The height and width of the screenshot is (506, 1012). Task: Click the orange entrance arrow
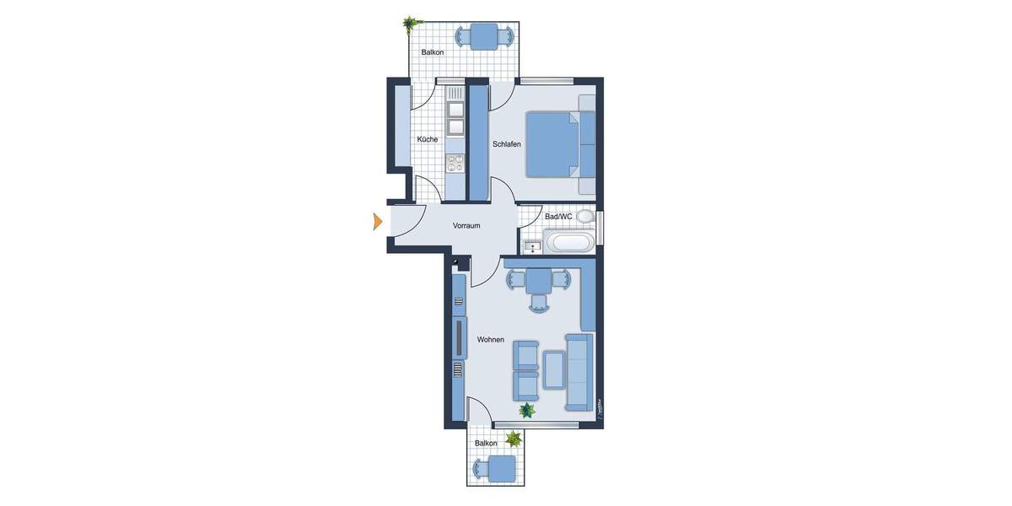point(379,222)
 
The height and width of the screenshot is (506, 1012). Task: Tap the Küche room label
point(428,139)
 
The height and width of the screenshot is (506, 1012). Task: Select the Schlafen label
point(507,144)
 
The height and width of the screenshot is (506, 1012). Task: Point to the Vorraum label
point(466,226)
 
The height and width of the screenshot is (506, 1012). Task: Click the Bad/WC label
point(558,217)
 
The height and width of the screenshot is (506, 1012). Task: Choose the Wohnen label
point(490,340)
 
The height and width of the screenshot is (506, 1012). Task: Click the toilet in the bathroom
point(585,217)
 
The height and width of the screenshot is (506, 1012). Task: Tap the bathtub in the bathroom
point(569,244)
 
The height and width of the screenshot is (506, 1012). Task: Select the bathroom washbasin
point(532,246)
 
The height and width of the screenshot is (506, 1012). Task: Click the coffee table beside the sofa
point(555,369)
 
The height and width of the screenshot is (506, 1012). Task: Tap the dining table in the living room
point(539,280)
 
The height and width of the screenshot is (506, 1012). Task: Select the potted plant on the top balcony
point(411,23)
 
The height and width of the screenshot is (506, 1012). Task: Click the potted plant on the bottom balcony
point(512,439)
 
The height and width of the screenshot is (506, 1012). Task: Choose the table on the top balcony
point(484,36)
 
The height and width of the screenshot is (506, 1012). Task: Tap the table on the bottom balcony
point(503,468)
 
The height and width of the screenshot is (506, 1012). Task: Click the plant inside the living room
point(527,411)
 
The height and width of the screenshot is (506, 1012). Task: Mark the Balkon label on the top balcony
point(433,52)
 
